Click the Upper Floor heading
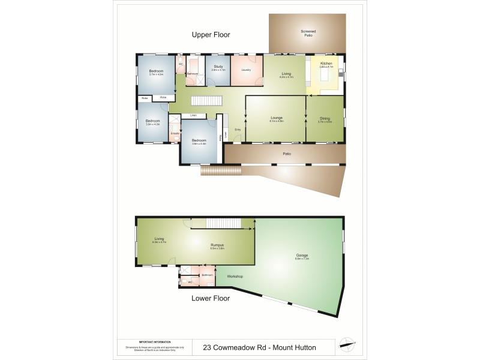click(211, 35)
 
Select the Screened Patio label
click(308, 33)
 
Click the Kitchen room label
click(326, 63)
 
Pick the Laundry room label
click(245, 70)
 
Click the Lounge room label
click(277, 118)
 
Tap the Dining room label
click(325, 118)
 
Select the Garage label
click(302, 256)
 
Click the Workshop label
click(235, 276)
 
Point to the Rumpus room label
click(217, 245)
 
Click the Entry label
click(238, 130)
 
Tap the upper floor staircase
click(207, 101)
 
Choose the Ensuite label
click(174, 133)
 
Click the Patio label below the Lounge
click(287, 154)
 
